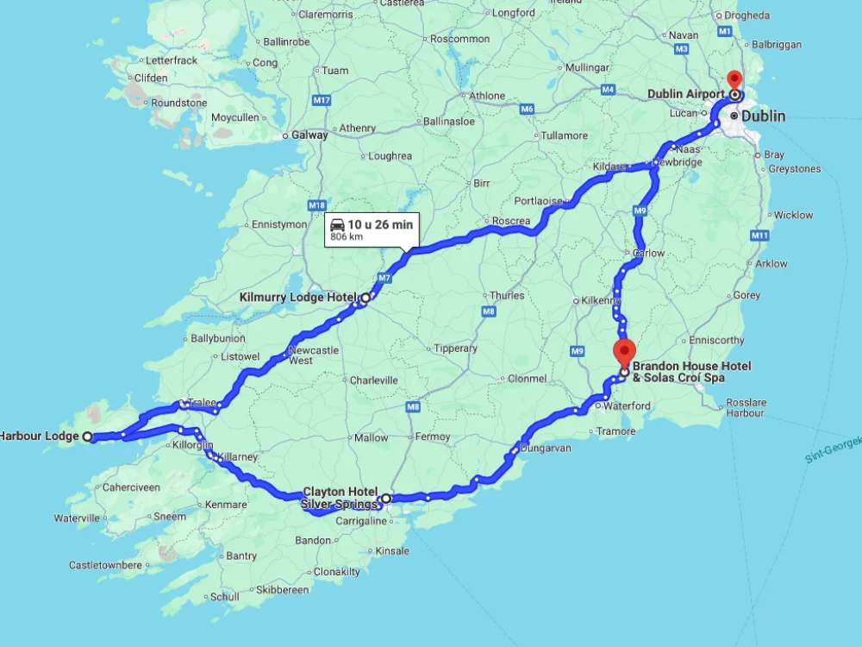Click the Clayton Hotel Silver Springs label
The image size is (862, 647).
pos(340,498)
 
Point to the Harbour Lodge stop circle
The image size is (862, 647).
pos(88,437)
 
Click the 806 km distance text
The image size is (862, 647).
pos(348,236)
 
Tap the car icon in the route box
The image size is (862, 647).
pos(338,224)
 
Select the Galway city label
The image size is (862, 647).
pos(309,135)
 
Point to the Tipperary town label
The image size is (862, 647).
pos(456,349)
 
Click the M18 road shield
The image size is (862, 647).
pos(317,205)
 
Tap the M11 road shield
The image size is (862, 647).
pos(759,236)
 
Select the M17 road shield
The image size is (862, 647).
pos(322,101)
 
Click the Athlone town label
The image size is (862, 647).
pos(488,96)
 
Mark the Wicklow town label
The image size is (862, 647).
pos(793,215)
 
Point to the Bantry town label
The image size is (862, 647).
pos(241,556)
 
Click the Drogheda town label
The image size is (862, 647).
pos(746,16)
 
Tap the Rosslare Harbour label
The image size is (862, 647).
pos(746,407)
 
